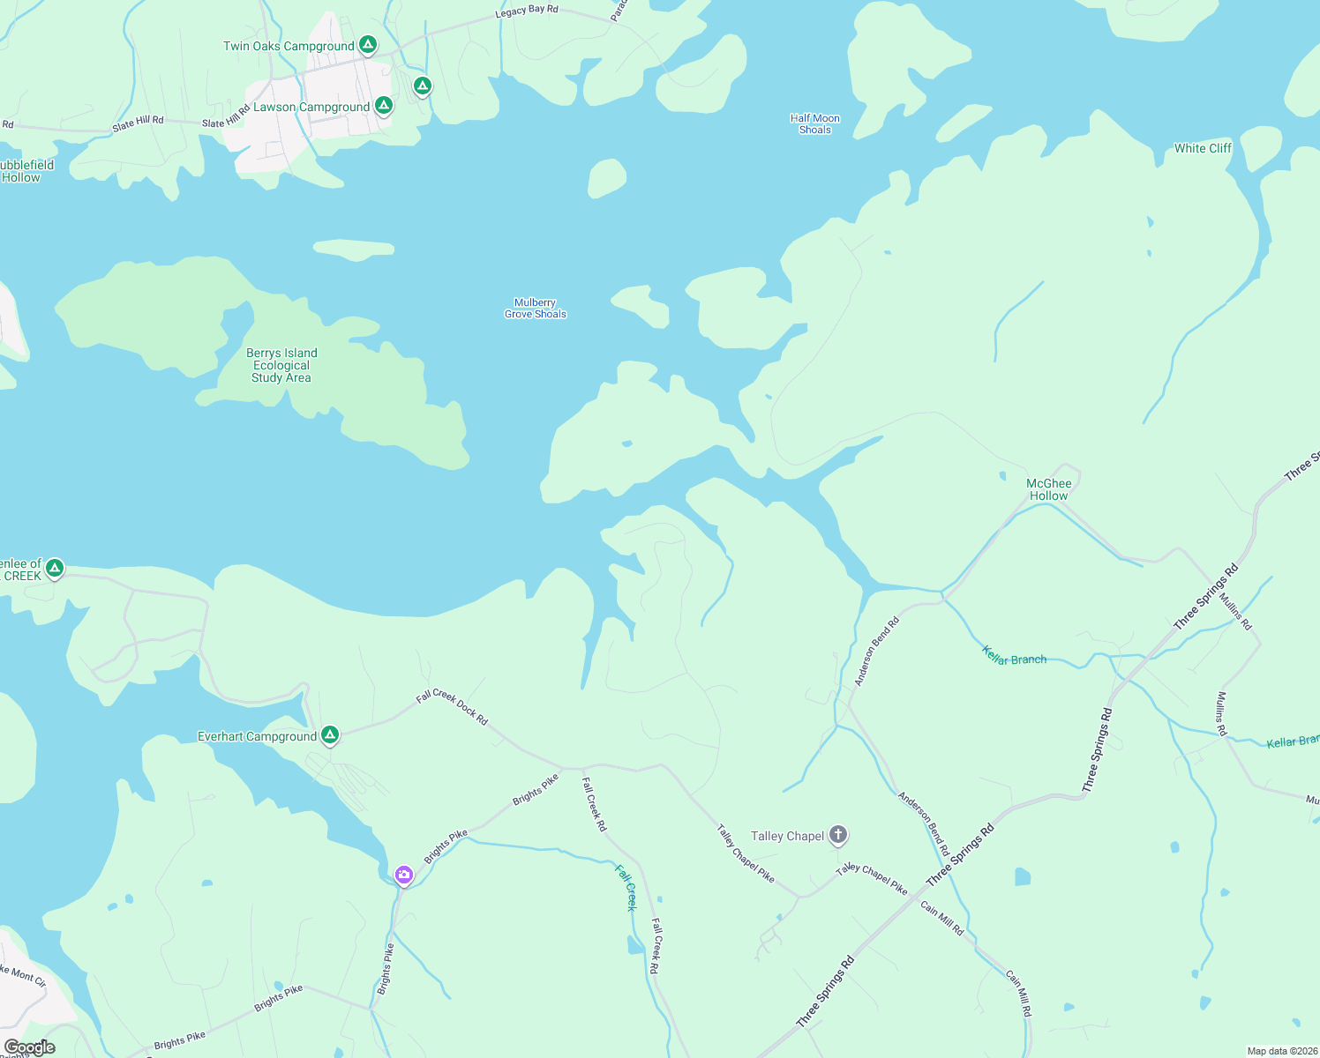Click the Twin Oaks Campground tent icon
(x=368, y=44)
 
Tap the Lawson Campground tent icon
(x=383, y=106)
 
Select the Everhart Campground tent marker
(x=330, y=734)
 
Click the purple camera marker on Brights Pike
(x=404, y=875)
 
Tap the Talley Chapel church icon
(x=838, y=834)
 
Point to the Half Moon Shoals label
(x=814, y=124)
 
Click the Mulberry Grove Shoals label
(x=536, y=309)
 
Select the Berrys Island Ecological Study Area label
(x=281, y=365)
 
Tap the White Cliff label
(x=1203, y=148)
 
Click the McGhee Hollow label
(x=1048, y=489)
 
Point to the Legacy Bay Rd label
(x=527, y=11)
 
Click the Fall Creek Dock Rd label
(x=452, y=707)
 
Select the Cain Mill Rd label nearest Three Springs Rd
(x=942, y=918)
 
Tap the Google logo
(x=30, y=1047)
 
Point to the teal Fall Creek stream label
(x=626, y=887)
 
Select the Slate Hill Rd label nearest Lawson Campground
(x=226, y=118)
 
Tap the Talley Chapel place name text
(x=787, y=836)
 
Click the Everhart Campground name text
(x=257, y=736)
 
